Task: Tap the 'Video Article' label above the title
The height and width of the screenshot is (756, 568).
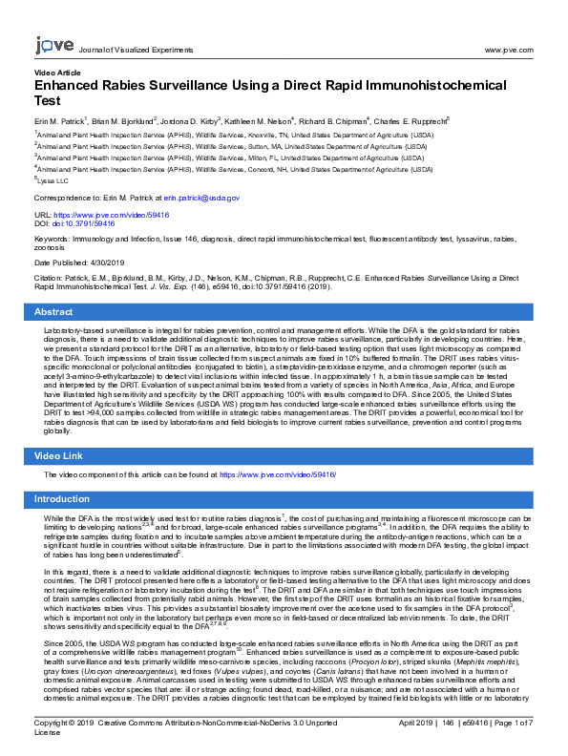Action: [57, 73]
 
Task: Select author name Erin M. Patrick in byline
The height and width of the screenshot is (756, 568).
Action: [59, 121]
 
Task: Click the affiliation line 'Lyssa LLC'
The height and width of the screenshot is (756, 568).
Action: [53, 179]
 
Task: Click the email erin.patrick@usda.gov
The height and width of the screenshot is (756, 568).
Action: [200, 198]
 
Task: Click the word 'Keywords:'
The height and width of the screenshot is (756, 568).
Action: [52, 238]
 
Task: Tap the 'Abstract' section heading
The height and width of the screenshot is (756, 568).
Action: [53, 312]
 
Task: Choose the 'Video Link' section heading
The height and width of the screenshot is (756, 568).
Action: [59, 455]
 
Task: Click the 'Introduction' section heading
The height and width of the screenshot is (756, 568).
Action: [62, 499]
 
